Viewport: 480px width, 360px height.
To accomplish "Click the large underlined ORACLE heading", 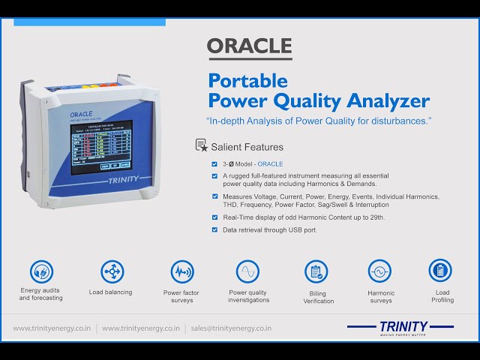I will tap(249, 46).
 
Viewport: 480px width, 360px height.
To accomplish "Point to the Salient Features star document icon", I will tap(201, 145).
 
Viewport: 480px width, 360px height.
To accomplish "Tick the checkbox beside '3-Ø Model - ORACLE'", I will tap(214, 163).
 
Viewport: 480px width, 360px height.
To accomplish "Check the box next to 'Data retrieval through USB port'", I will tap(214, 230).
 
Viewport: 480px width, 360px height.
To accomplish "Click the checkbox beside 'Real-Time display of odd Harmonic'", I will tap(214, 217).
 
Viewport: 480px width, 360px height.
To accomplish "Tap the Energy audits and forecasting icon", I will tap(41, 271).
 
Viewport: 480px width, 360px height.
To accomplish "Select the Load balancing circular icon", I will tap(111, 271).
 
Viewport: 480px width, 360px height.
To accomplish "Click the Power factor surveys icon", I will tap(181, 271).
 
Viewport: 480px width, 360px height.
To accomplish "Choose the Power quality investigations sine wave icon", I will tap(247, 271).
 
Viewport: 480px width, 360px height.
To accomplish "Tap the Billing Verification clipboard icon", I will tap(316, 271).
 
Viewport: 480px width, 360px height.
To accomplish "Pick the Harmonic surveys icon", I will tap(380, 271).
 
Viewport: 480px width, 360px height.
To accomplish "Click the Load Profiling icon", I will tap(440, 270).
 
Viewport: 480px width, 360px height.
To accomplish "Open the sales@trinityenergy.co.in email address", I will tap(231, 328).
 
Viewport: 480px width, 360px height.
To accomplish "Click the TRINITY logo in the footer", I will tap(401, 328).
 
